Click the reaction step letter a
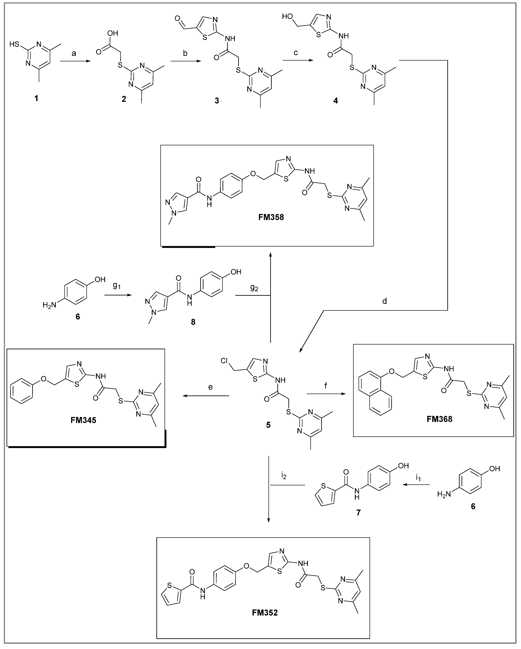74,54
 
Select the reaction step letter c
296,53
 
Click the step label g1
117,285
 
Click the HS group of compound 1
15,45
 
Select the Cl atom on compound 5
225,361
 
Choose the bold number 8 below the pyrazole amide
193,322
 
